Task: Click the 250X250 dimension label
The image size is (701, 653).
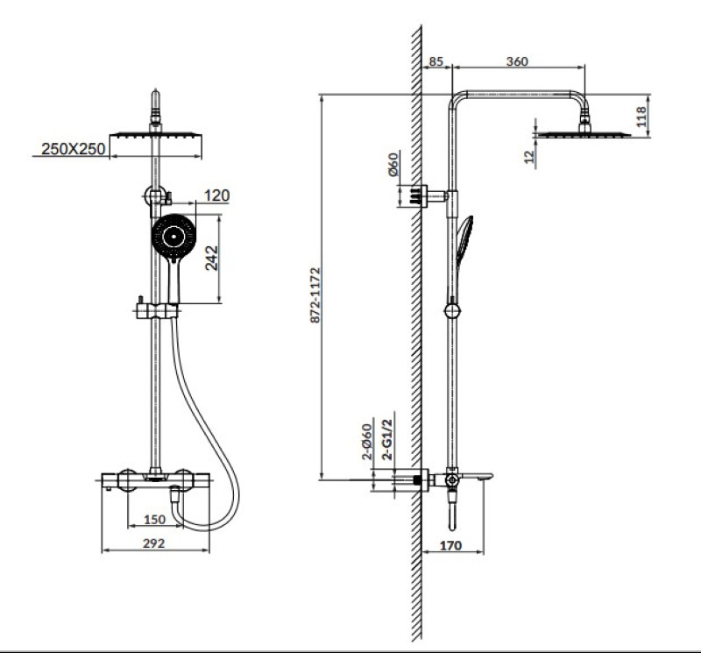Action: [x=74, y=148]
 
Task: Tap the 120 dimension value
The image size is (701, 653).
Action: [x=216, y=195]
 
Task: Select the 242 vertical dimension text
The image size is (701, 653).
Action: [x=211, y=258]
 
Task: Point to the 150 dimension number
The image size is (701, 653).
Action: [x=155, y=519]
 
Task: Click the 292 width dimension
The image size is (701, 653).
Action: [x=154, y=543]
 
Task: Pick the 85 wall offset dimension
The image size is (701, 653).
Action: [x=435, y=60]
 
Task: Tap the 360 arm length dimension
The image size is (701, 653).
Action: [x=517, y=60]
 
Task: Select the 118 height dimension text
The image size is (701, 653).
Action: [x=641, y=117]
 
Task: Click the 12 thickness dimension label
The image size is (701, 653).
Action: [x=529, y=156]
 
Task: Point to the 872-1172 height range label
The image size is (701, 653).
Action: [x=315, y=295]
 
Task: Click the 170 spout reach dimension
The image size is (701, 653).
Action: [x=450, y=545]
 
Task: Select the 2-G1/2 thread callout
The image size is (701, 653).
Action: [x=387, y=440]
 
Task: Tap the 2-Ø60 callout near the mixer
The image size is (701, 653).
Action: [x=366, y=442]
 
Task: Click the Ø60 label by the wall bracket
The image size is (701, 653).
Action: [x=393, y=165]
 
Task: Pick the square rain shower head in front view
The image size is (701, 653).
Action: [x=156, y=135]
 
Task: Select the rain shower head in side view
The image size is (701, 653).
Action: [x=584, y=134]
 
